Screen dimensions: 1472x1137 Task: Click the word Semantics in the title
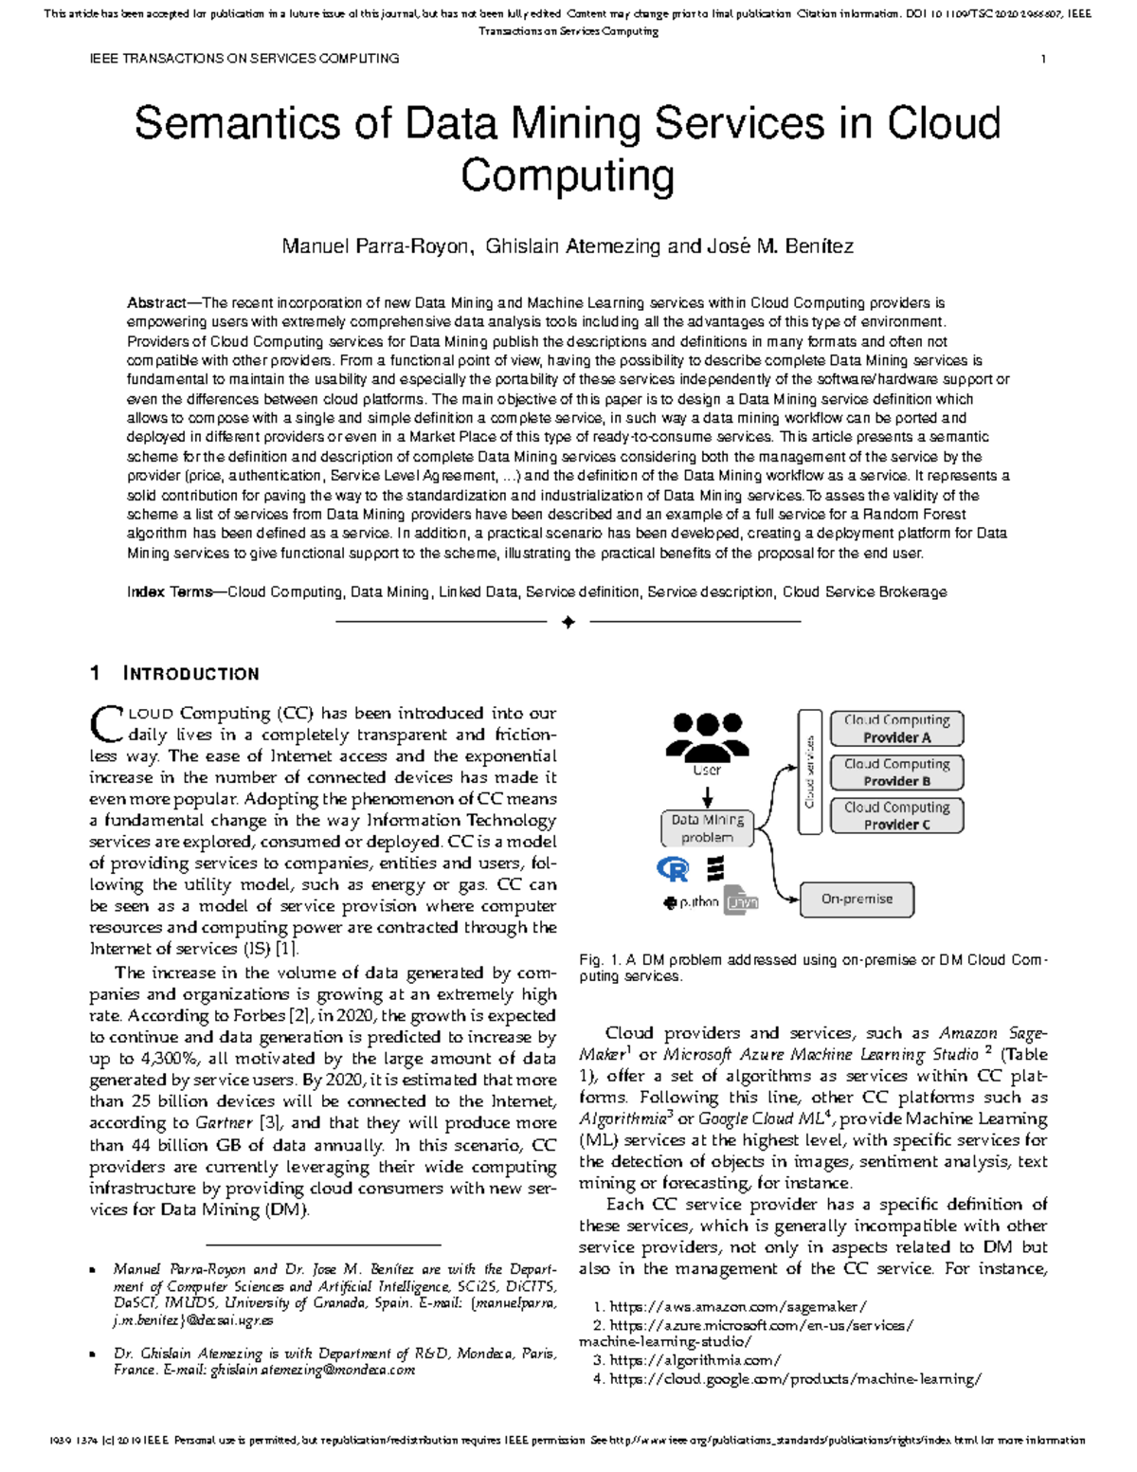click(236, 125)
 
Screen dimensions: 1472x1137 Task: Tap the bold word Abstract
click(156, 303)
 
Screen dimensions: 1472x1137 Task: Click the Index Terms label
click(170, 591)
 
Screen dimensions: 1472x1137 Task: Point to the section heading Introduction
click(190, 674)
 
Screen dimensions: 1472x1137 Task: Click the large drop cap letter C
click(104, 724)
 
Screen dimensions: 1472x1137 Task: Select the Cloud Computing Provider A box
click(896, 729)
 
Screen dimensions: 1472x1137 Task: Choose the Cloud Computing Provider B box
click(896, 772)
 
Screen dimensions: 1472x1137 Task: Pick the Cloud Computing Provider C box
click(896, 816)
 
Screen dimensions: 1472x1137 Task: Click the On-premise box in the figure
click(857, 900)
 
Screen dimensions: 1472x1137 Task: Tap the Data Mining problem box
click(708, 828)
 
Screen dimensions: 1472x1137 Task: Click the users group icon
click(707, 736)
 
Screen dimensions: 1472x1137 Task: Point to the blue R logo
click(673, 869)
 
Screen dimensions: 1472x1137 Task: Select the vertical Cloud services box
click(809, 772)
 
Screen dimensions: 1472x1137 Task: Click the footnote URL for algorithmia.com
click(695, 1360)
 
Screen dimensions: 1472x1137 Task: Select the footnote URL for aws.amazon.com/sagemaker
click(738, 1307)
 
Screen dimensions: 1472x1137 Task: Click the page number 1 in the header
click(1043, 59)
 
